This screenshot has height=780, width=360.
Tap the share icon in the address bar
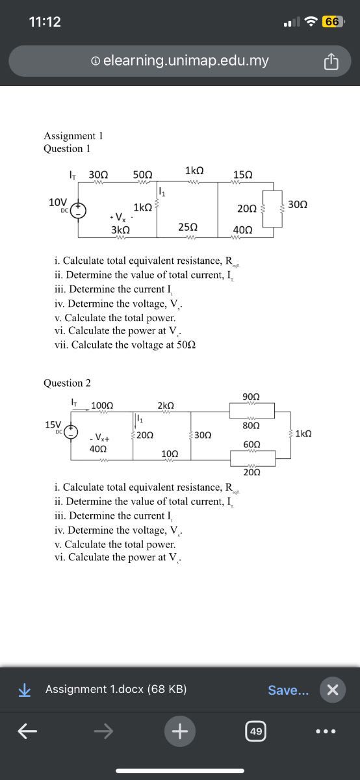click(x=331, y=62)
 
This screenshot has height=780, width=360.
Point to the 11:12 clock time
click(x=45, y=21)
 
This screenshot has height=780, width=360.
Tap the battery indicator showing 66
click(x=332, y=21)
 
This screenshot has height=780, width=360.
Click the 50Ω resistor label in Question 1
click(x=142, y=175)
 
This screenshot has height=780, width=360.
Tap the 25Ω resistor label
click(x=188, y=227)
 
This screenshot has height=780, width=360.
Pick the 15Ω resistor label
click(x=243, y=175)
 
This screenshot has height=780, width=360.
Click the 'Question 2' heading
click(x=67, y=383)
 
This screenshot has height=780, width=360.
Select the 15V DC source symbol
click(x=70, y=432)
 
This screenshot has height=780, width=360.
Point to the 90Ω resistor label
click(x=251, y=397)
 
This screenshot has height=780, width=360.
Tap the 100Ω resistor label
click(x=102, y=406)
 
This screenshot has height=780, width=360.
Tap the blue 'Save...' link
click(x=289, y=690)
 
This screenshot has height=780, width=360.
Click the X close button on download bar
click(x=332, y=690)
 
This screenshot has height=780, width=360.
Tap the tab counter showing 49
click(x=256, y=732)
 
